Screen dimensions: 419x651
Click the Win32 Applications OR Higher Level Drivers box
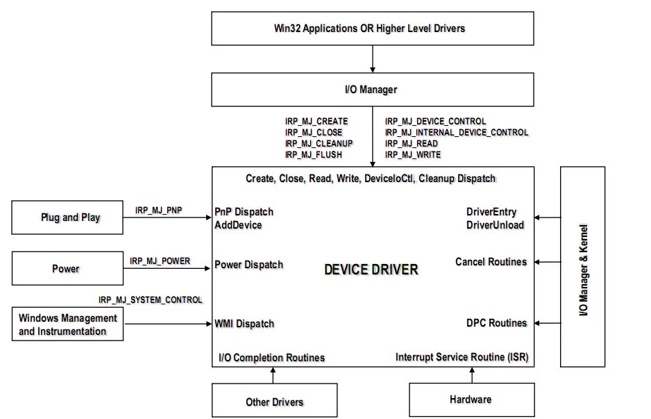click(x=373, y=28)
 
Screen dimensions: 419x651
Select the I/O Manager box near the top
click(x=373, y=90)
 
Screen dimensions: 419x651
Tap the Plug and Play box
click(x=67, y=217)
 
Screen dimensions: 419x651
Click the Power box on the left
click(x=67, y=269)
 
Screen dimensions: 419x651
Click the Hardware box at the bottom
click(x=470, y=400)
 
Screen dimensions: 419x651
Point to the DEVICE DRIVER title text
click(x=371, y=269)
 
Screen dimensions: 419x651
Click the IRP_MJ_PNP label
click(x=159, y=209)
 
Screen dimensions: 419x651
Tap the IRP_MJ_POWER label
click(x=160, y=261)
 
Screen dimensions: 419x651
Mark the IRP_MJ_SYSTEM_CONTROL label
click(x=151, y=299)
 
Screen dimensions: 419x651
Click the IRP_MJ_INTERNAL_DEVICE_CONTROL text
click(x=457, y=132)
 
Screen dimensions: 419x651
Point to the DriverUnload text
click(x=496, y=224)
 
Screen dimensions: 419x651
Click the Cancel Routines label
click(x=491, y=262)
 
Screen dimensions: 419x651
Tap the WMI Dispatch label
click(x=244, y=323)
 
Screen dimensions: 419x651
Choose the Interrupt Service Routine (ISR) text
click(x=462, y=357)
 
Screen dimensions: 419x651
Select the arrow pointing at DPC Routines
click(x=548, y=323)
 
